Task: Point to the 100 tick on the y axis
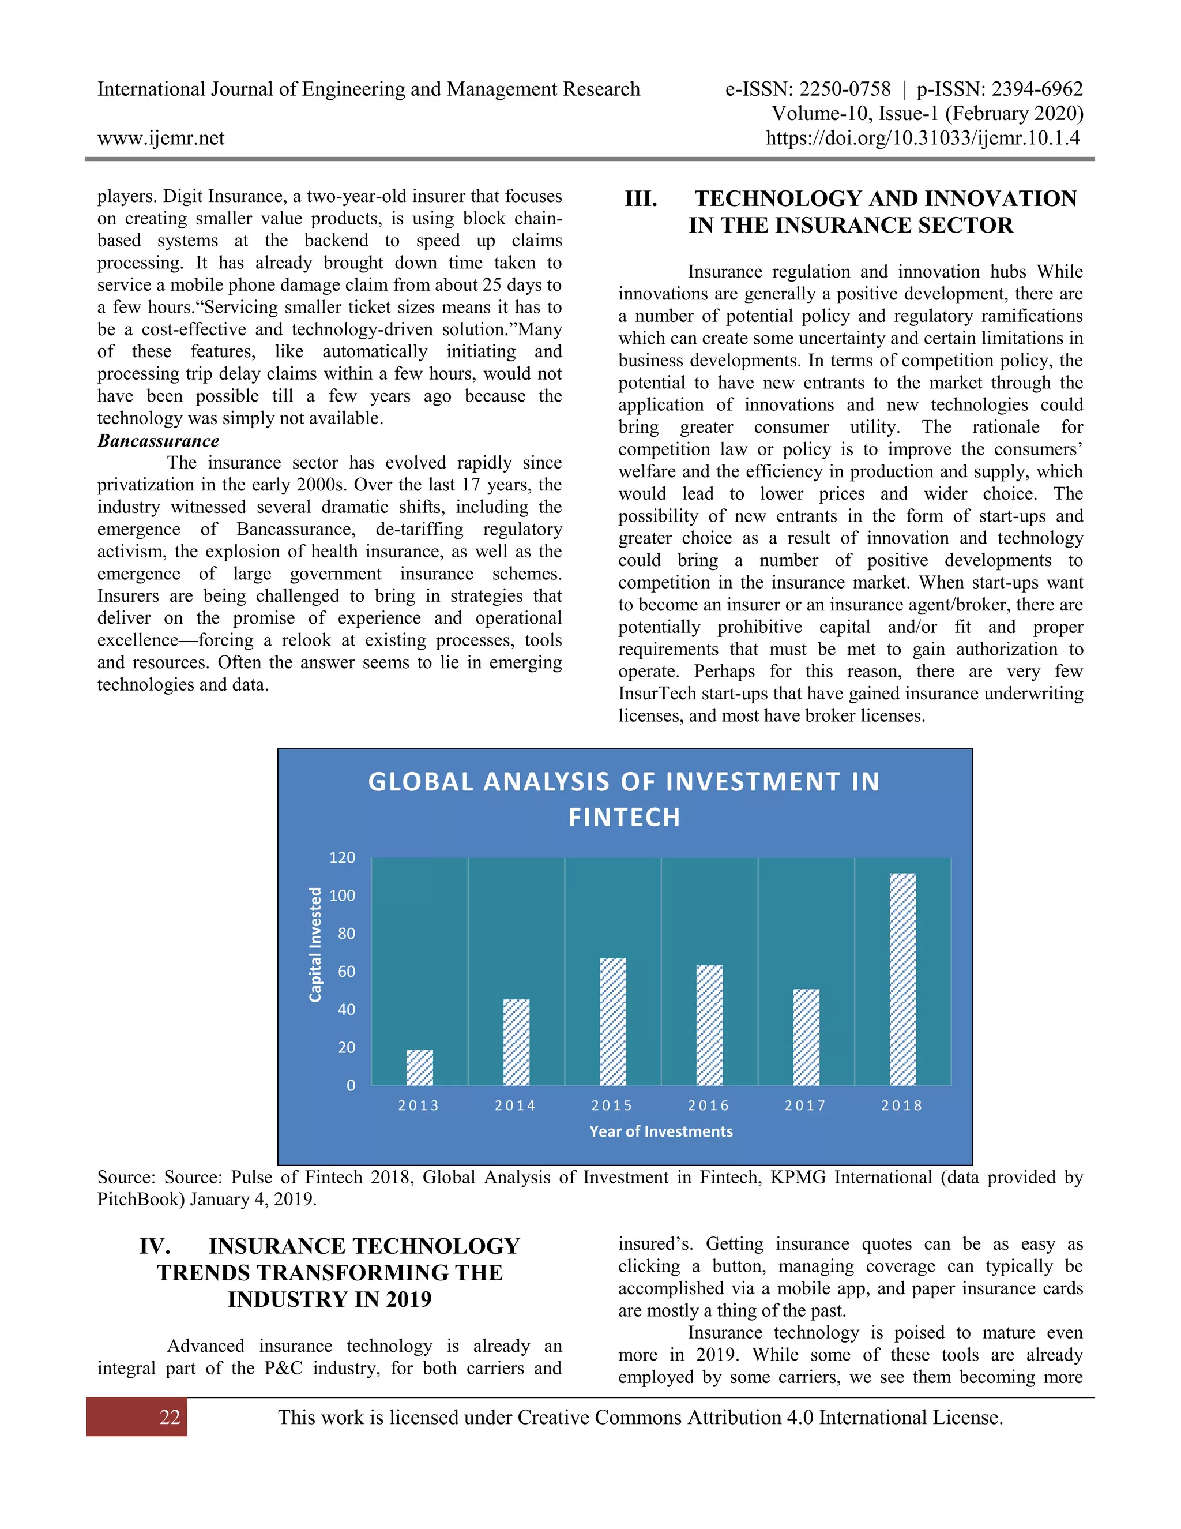point(342,895)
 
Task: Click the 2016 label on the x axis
point(709,1105)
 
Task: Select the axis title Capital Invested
point(315,945)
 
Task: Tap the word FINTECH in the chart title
point(624,817)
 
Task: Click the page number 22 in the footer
point(170,1418)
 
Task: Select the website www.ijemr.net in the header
point(161,138)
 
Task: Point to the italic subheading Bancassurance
point(158,440)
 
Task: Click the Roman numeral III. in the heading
point(641,199)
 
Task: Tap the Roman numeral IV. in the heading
point(155,1246)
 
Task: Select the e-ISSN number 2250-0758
point(845,89)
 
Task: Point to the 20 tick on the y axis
point(347,1047)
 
